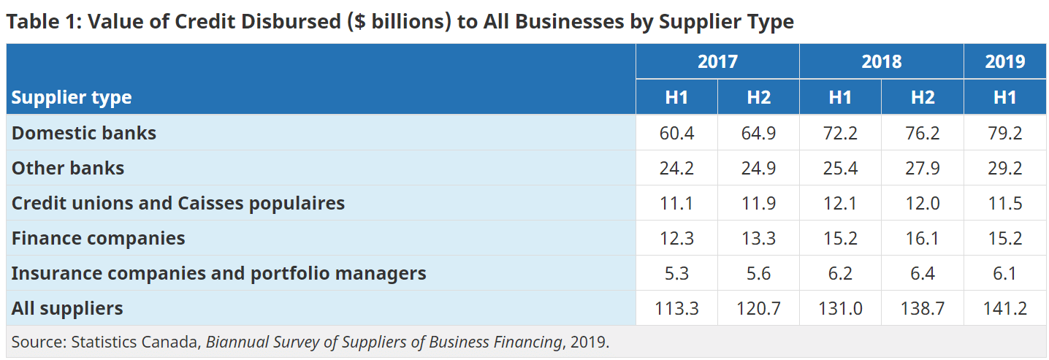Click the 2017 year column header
717,61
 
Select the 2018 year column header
881,61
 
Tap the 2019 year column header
1004,61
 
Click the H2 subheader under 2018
923,97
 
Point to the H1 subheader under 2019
1004,97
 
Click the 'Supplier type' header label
72,97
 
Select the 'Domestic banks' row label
84,133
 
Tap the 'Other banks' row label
68,168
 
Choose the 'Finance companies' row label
98,238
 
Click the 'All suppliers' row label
67,308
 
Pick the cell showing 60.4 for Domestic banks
676,133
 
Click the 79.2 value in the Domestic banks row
1004,133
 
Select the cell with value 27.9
923,168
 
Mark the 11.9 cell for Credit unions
758,203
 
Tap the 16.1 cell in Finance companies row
923,238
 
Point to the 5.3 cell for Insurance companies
676,273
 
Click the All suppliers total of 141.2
1004,308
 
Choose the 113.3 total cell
676,308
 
